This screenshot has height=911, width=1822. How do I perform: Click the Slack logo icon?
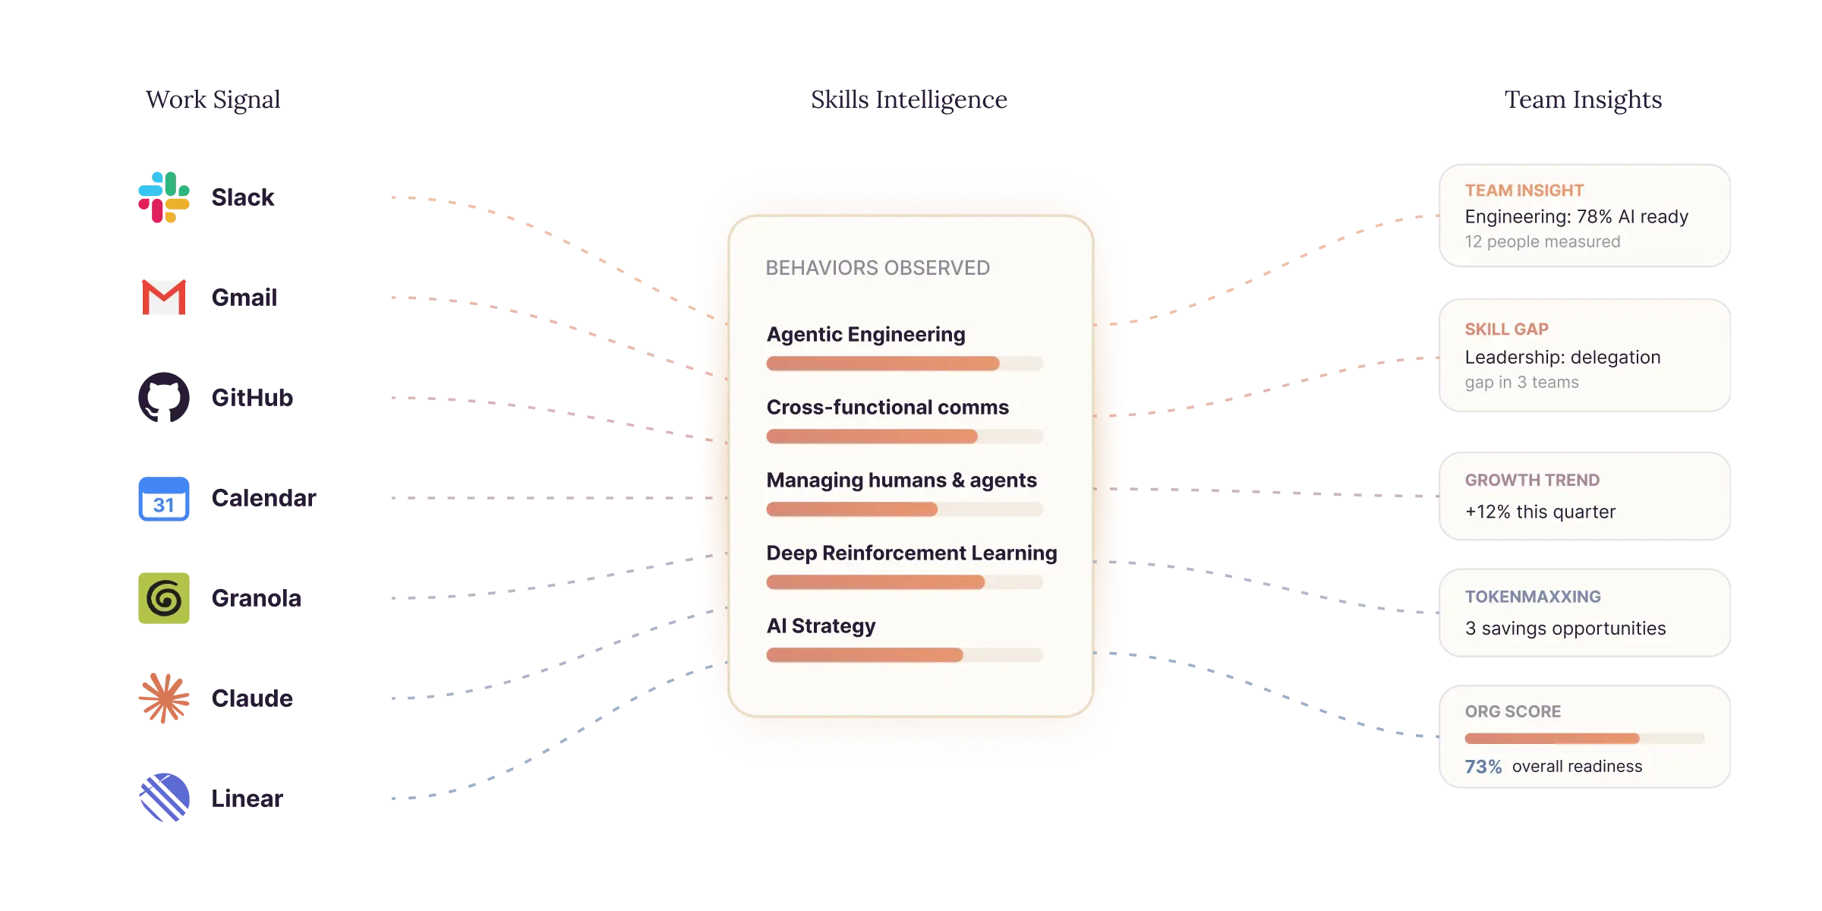click(164, 197)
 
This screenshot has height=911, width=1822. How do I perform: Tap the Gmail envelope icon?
click(164, 297)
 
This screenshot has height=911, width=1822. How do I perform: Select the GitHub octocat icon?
click(164, 397)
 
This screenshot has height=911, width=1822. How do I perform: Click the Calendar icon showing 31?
click(164, 499)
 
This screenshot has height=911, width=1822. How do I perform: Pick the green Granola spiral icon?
click(164, 598)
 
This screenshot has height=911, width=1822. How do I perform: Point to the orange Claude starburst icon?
click(164, 698)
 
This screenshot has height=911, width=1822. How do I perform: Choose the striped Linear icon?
click(164, 798)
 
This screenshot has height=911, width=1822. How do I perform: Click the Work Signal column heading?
click(213, 99)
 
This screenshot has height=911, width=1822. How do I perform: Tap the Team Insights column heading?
click(1584, 99)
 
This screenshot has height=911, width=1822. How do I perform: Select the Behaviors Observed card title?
click(878, 268)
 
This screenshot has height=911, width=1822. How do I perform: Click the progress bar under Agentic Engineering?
click(905, 364)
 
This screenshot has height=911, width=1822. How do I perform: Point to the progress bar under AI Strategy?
click(905, 655)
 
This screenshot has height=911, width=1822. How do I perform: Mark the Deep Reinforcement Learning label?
click(912, 553)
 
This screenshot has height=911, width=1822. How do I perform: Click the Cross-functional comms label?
click(887, 408)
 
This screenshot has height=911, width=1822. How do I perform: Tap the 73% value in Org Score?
click(1483, 767)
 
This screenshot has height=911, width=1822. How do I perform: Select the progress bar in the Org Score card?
click(1585, 739)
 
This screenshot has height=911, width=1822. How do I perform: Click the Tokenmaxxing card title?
click(1533, 597)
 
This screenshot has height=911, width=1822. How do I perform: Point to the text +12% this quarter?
click(1540, 512)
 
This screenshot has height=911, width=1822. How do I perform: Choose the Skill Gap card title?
click(1507, 329)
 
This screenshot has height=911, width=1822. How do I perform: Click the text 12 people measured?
click(1543, 241)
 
